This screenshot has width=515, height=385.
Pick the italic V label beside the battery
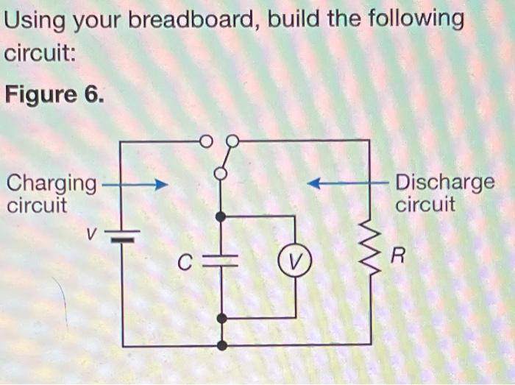coord(90,234)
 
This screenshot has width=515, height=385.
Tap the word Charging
coord(51,182)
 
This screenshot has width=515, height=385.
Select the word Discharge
coord(444,182)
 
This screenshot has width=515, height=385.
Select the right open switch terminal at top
coord(232,140)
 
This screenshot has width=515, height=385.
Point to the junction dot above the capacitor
coord(221,216)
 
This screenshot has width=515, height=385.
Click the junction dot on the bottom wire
coord(221,345)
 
